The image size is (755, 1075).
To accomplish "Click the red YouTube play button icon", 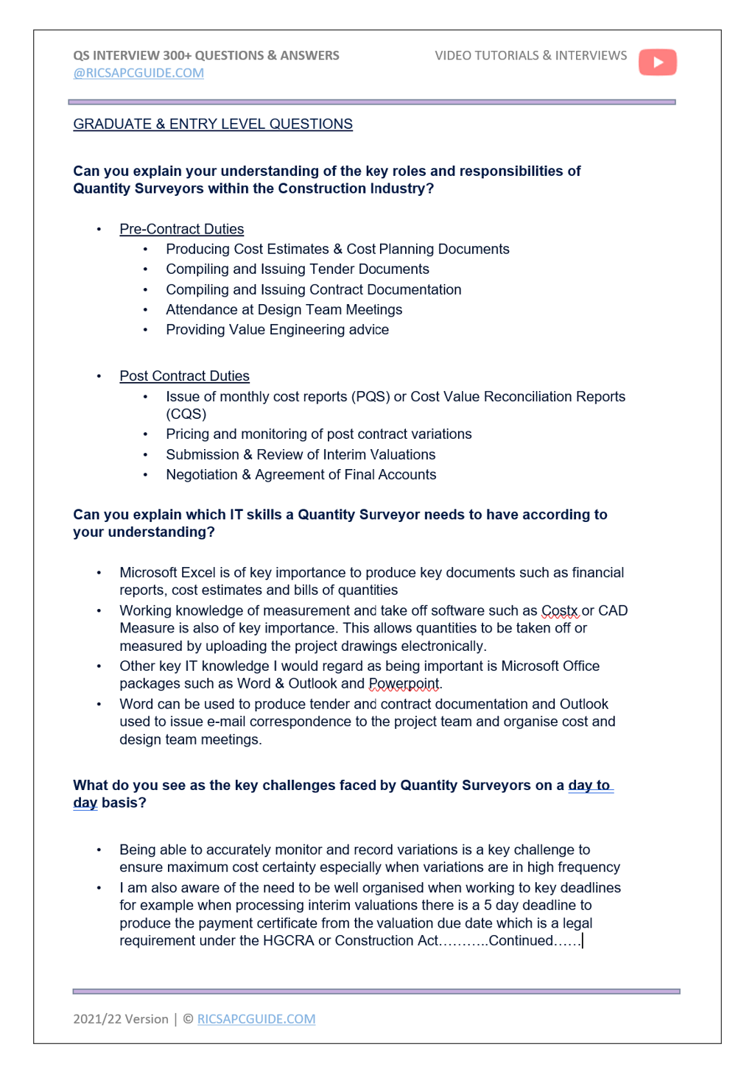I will (657, 63).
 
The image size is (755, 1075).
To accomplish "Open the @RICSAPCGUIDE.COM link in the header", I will (138, 73).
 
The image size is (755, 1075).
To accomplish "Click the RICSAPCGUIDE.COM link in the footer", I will (256, 1019).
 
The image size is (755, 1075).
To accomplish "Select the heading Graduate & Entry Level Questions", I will (213, 124).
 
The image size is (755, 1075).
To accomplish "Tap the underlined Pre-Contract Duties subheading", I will (181, 229).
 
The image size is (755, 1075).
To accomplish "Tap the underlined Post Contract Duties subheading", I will (184, 376).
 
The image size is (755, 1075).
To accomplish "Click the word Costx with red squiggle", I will (560, 611).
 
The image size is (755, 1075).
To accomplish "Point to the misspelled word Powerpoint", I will (404, 684).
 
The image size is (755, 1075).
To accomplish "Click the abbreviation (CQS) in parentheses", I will (186, 414).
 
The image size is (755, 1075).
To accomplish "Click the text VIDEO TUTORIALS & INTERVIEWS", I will (530, 56).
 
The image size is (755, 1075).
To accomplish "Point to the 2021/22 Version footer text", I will (121, 1019).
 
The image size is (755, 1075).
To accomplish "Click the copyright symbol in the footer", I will (188, 1019).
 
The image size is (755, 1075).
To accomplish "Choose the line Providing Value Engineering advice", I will (277, 330).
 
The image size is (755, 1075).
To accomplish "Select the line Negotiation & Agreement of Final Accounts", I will (301, 475).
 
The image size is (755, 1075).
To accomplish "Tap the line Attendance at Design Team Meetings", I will (284, 310).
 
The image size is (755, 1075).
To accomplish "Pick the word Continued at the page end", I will (521, 941).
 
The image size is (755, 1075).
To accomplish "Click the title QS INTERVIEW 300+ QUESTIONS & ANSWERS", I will (206, 56).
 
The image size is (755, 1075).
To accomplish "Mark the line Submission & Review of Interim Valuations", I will (301, 455).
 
